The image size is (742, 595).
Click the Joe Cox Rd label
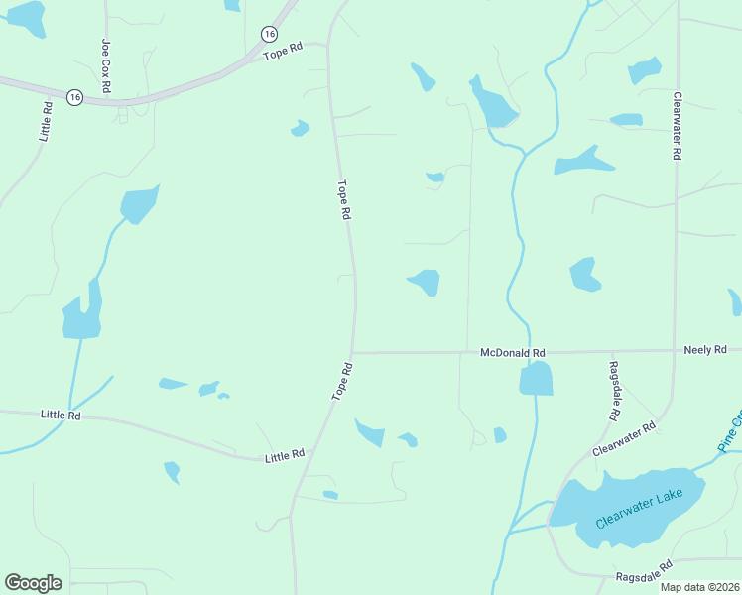[105, 66]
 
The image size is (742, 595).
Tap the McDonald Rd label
[513, 352]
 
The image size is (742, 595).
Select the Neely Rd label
[705, 350]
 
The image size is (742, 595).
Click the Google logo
[33, 583]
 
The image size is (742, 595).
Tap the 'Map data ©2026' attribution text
[700, 587]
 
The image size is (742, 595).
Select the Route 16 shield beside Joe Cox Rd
[74, 97]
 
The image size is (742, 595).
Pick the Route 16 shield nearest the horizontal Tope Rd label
[269, 34]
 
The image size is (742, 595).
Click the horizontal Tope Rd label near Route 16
[282, 51]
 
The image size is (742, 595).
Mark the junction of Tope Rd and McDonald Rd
[352, 352]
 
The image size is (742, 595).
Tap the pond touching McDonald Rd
[536, 378]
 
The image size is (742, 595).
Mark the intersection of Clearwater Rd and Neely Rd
[675, 350]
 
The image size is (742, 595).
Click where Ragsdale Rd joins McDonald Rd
[613, 351]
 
